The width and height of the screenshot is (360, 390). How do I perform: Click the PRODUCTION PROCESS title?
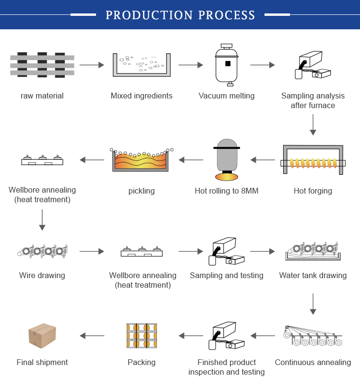[180, 15]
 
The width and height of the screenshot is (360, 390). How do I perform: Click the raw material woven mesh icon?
[42, 65]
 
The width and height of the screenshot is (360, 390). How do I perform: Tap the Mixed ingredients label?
[142, 96]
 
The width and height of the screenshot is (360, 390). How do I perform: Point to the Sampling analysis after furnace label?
[313, 100]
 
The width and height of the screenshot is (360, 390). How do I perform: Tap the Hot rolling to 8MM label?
[227, 191]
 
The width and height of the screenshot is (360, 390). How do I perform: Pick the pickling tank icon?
[142, 159]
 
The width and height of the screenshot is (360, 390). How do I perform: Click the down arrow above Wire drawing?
[42, 219]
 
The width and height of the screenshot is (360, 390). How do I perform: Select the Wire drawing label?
[42, 275]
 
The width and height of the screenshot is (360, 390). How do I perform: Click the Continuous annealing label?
[313, 363]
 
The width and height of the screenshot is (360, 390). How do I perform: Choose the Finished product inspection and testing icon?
[227, 336]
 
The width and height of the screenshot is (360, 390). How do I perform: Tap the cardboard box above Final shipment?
[42, 335]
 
